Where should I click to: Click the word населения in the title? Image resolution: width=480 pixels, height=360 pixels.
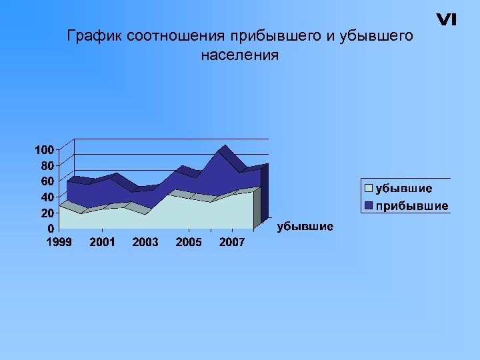coord(239,55)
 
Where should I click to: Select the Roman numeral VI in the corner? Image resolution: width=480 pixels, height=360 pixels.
coord(446,20)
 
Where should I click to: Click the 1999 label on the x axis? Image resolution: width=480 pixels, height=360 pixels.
coord(59,242)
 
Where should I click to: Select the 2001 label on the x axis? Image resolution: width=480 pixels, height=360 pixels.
coord(102,242)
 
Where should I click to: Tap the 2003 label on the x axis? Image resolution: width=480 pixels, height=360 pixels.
coord(145,242)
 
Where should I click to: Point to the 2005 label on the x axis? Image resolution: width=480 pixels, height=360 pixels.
coord(189,242)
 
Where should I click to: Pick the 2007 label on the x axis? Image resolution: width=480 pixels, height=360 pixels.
coord(232,242)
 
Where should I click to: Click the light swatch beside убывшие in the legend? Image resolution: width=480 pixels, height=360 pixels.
coord(368,189)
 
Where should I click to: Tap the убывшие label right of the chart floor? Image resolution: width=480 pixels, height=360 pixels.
coord(305,227)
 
